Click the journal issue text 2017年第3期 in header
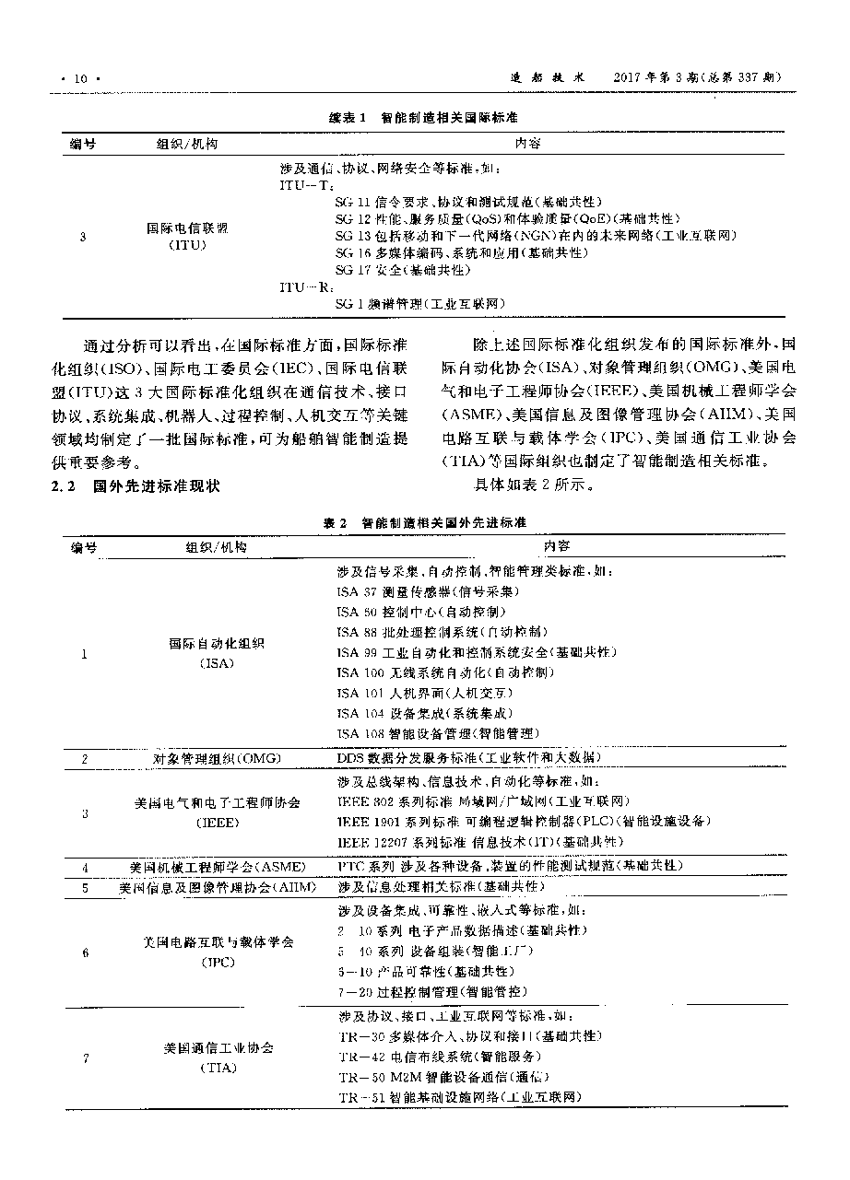pos(660,78)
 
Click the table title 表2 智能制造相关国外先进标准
pos(424,522)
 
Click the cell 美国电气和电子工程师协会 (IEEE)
pos(218,812)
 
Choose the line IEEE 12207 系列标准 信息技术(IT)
pos(479,842)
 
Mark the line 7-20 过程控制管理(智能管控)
pos(432,991)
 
